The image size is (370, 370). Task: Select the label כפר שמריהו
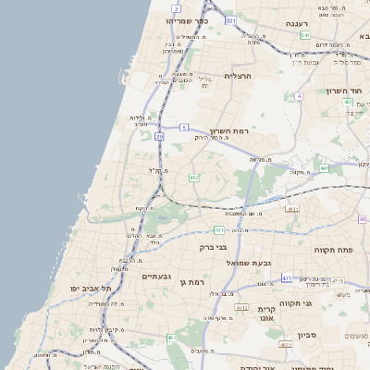tap(187, 20)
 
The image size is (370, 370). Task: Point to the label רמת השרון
tap(229, 131)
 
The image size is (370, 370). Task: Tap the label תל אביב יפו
tap(91, 289)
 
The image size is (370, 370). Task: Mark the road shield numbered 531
tap(230, 19)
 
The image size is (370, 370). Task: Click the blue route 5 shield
tap(184, 127)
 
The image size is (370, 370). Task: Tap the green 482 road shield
tap(193, 177)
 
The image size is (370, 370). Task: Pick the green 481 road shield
tap(219, 229)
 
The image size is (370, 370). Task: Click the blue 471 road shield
tap(288, 277)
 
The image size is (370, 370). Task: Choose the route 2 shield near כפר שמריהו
tap(176, 7)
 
